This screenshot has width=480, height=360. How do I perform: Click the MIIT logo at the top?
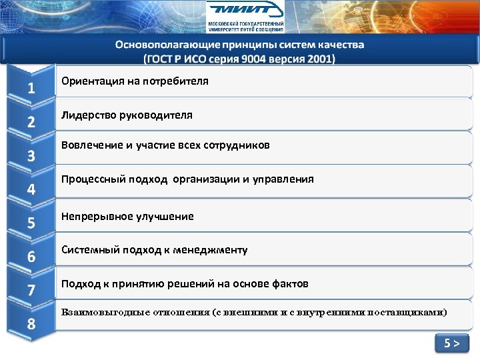pyautogui.click(x=244, y=16)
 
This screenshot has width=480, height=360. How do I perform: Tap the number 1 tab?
pyautogui.click(x=31, y=89)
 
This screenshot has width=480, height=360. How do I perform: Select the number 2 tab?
pyautogui.click(x=31, y=122)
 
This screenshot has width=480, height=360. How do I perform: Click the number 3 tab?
pyautogui.click(x=31, y=156)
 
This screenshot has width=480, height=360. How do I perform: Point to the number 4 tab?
pyautogui.click(x=31, y=189)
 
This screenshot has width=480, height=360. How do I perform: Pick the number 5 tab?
pyautogui.click(x=31, y=223)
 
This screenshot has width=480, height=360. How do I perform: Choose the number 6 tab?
pyautogui.click(x=31, y=257)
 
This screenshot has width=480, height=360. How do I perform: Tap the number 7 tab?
pyautogui.click(x=31, y=291)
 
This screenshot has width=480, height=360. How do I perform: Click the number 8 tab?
pyautogui.click(x=31, y=325)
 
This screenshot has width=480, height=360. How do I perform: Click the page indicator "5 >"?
pyautogui.click(x=451, y=344)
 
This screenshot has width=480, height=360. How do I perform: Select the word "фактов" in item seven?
pyautogui.click(x=291, y=284)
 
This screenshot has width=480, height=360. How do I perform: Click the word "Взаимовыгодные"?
pyautogui.click(x=103, y=312)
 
